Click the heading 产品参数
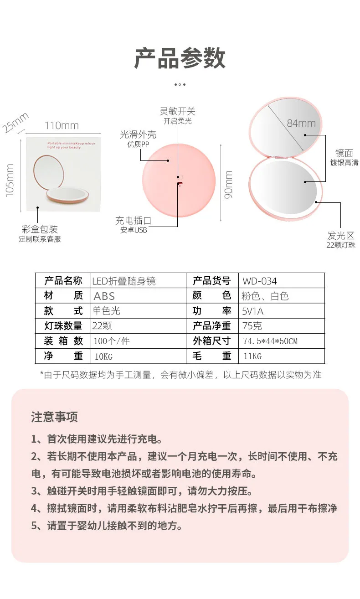180,58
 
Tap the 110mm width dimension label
62,125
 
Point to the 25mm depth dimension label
15,123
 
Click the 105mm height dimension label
10,181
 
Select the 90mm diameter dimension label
228,185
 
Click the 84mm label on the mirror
301,123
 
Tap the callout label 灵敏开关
177,111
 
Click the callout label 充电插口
134,221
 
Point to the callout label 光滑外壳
138,134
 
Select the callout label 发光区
341,236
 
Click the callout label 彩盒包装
40,229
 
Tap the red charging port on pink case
179,183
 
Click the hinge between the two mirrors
281,157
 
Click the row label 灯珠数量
63,326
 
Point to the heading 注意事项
54,417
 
